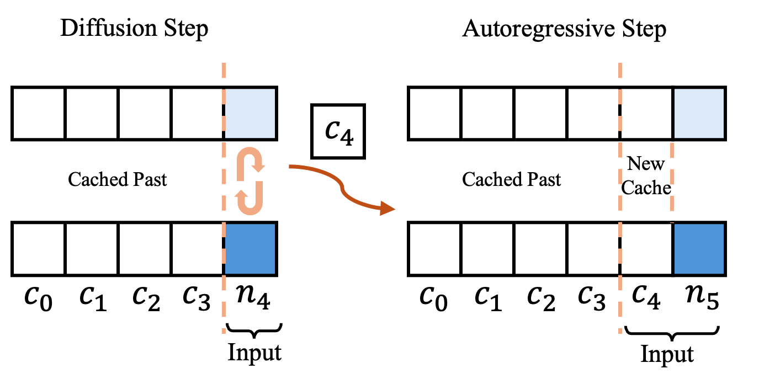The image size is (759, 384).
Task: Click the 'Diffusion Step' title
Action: pyautogui.click(x=134, y=29)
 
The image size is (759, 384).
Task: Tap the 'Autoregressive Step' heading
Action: pyautogui.click(x=564, y=30)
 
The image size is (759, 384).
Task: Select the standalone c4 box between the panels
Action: pyautogui.click(x=338, y=131)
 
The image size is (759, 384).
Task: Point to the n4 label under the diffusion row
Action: pyautogui.click(x=253, y=297)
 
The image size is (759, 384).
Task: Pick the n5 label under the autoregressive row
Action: pyautogui.click(x=702, y=297)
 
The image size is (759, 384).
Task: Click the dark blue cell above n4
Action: pyautogui.click(x=250, y=249)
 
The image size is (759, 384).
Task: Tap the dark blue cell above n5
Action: pyautogui.click(x=699, y=249)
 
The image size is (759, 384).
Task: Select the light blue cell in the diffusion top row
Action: pyautogui.click(x=250, y=114)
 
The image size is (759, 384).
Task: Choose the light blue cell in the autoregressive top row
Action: pyautogui.click(x=699, y=114)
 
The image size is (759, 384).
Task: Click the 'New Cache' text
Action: pyautogui.click(x=646, y=176)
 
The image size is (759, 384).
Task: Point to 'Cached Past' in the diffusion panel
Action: pyautogui.click(x=117, y=179)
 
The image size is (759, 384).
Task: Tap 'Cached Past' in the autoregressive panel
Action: pyautogui.click(x=511, y=179)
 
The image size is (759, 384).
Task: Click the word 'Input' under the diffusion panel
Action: pyautogui.click(x=254, y=353)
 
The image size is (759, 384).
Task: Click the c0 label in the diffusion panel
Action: pyautogui.click(x=38, y=297)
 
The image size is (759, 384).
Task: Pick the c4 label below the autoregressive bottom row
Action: pyautogui.click(x=646, y=297)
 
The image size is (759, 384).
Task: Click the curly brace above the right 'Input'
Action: pyautogui.click(x=672, y=333)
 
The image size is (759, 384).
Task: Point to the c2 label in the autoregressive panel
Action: pyautogui.click(x=541, y=297)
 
